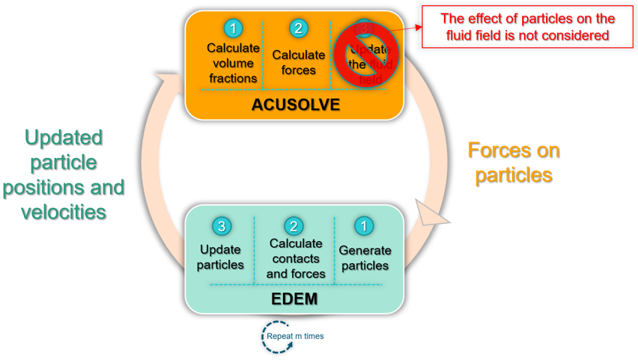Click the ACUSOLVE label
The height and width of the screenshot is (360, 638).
pyautogui.click(x=296, y=104)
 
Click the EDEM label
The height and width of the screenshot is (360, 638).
pyautogui.click(x=295, y=299)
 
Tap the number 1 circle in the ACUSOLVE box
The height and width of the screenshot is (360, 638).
pyautogui.click(x=233, y=28)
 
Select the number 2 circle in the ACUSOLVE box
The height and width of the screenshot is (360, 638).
pyautogui.click(x=298, y=28)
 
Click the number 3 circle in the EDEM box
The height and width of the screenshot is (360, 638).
pyautogui.click(x=221, y=225)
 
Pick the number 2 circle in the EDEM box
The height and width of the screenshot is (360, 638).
pyautogui.click(x=294, y=225)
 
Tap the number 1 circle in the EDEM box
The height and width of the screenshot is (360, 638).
pyautogui.click(x=364, y=225)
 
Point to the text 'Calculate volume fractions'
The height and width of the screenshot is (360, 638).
pyautogui.click(x=233, y=63)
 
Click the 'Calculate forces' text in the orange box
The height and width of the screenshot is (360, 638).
pyautogui.click(x=298, y=62)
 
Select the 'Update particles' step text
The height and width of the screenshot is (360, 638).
pyautogui.click(x=221, y=257)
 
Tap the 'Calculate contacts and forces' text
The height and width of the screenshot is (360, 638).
pyautogui.click(x=296, y=258)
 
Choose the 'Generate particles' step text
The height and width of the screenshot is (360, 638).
pyautogui.click(x=365, y=257)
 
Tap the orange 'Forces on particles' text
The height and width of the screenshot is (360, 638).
pyautogui.click(x=514, y=162)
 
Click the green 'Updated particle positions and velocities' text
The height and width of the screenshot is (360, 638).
pyautogui.click(x=64, y=174)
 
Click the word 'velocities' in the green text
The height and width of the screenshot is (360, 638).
pyautogui.click(x=64, y=211)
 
